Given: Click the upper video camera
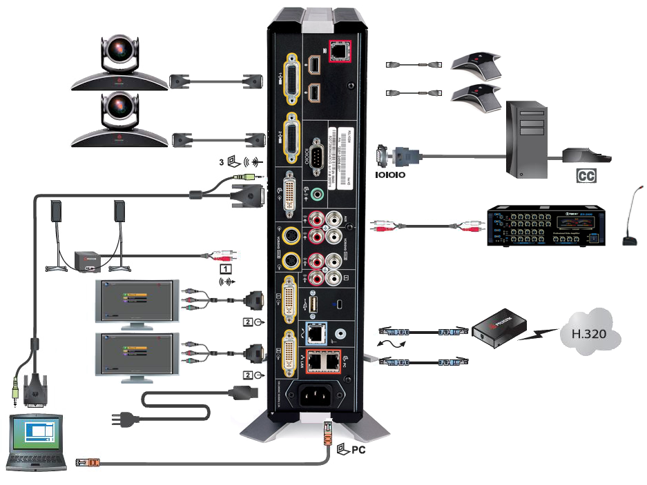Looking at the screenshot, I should (x=120, y=59).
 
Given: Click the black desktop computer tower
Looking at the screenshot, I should (x=530, y=138).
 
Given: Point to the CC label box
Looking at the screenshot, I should (x=586, y=176).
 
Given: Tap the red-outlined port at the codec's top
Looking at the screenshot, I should (x=339, y=50).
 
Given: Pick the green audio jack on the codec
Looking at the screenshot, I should (x=318, y=195).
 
